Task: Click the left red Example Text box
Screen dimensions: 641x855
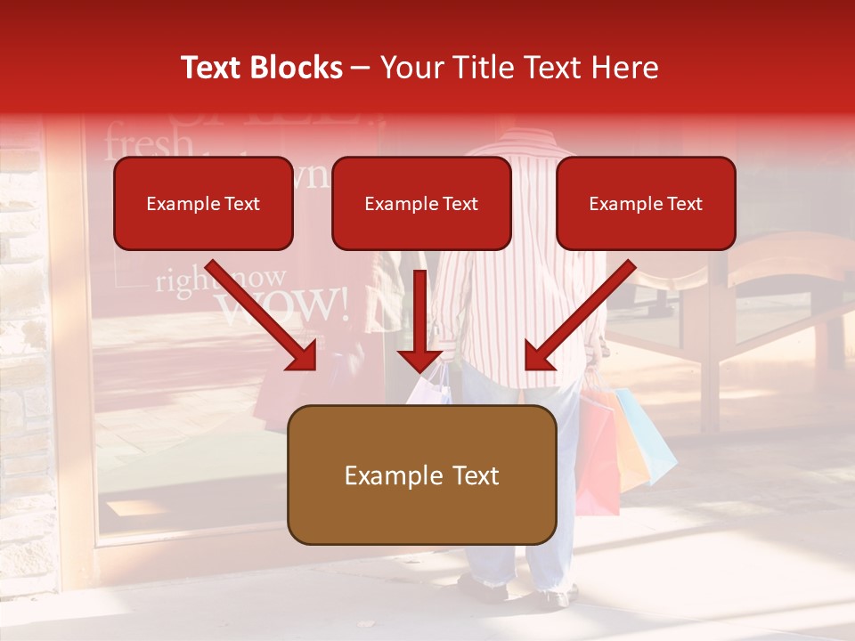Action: [203, 204]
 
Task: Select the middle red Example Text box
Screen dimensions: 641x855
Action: [421, 204]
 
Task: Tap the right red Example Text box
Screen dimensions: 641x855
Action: [646, 204]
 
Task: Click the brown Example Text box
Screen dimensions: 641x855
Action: [422, 475]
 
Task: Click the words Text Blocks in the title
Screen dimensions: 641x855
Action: [261, 68]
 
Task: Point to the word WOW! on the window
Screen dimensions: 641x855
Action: [283, 305]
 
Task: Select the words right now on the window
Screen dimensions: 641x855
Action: [221, 280]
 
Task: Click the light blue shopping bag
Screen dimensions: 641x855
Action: [648, 436]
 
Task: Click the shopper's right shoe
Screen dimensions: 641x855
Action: [554, 595]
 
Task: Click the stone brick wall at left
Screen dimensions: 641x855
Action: [25, 356]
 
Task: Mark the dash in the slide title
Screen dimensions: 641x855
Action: [361, 69]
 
